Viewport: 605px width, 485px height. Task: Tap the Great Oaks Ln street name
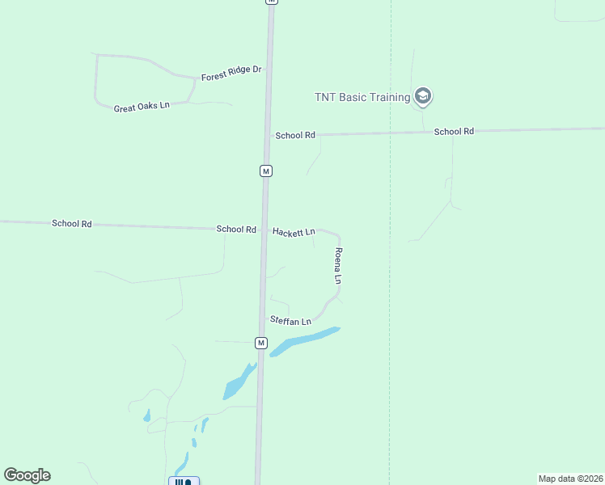pyautogui.click(x=142, y=107)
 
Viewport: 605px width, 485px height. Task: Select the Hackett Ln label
pyautogui.click(x=294, y=232)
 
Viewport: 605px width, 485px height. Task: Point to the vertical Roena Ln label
pyautogui.click(x=339, y=266)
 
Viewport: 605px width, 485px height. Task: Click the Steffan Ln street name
pyautogui.click(x=290, y=321)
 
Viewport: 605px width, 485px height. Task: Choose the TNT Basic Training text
pyautogui.click(x=362, y=98)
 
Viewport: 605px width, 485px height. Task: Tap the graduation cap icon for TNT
pyautogui.click(x=422, y=98)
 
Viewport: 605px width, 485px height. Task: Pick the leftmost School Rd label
pyautogui.click(x=72, y=223)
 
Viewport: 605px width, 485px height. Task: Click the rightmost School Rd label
pyautogui.click(x=454, y=131)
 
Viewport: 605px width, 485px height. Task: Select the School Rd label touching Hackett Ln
pyautogui.click(x=236, y=230)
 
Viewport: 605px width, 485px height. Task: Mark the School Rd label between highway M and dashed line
pyautogui.click(x=295, y=136)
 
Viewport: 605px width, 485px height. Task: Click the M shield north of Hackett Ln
pyautogui.click(x=265, y=171)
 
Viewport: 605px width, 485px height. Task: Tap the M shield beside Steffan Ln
pyautogui.click(x=260, y=343)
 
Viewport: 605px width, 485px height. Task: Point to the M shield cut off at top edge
pyautogui.click(x=272, y=2)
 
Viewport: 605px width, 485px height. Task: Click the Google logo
pyautogui.click(x=27, y=475)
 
